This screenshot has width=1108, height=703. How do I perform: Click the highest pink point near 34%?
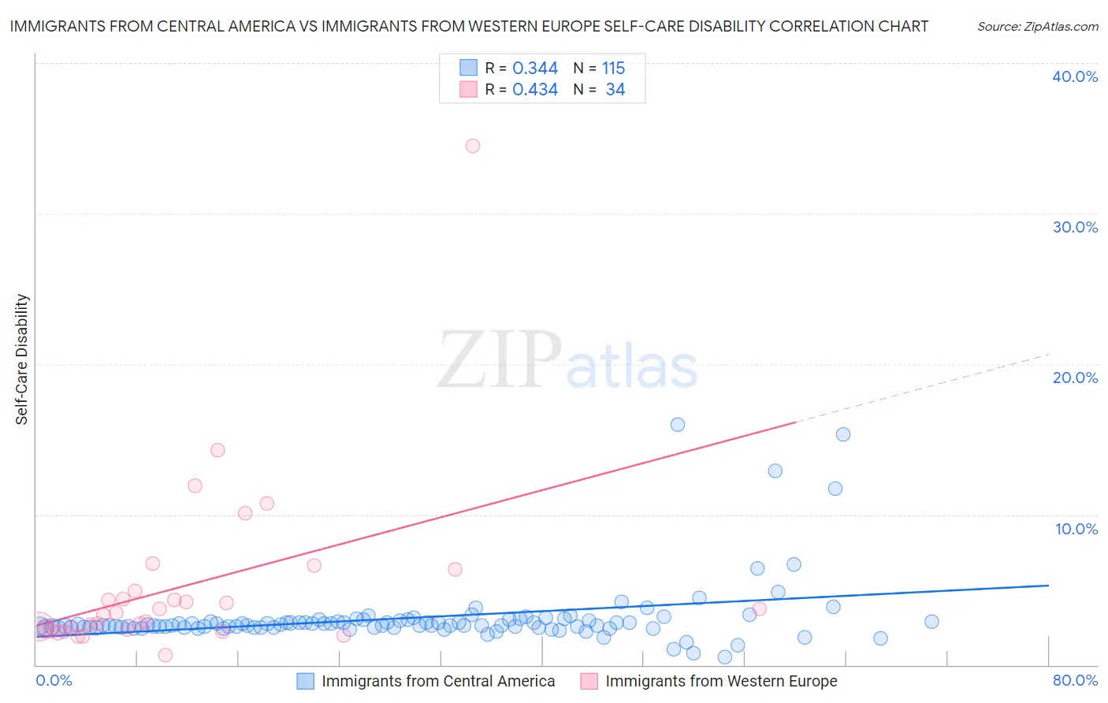(x=473, y=146)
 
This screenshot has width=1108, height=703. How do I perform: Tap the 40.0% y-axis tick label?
(x=1075, y=76)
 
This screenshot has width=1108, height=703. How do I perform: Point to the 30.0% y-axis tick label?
(x=1075, y=227)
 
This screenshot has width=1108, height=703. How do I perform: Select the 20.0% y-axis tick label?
(x=1075, y=378)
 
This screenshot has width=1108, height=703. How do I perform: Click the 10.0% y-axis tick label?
(x=1076, y=529)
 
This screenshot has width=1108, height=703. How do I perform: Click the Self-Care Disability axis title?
(x=22, y=359)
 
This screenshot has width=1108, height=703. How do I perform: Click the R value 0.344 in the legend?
(x=535, y=69)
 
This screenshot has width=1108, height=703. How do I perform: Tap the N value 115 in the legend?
(x=614, y=69)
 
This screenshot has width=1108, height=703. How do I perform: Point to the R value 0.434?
(x=535, y=90)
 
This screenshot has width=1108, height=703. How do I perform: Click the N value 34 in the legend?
(x=615, y=90)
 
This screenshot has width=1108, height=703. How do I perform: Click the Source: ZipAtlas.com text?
(x=1038, y=27)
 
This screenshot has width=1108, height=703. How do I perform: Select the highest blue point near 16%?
(x=678, y=425)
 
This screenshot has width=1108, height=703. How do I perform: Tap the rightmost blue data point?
(x=931, y=621)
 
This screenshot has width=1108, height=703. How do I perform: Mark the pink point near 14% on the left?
(x=218, y=450)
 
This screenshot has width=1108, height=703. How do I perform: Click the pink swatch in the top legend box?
(x=468, y=89)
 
